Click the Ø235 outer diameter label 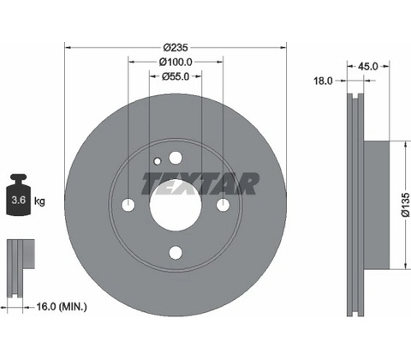tap(176, 47)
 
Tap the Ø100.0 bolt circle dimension tap(176, 62)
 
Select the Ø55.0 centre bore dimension tap(176, 76)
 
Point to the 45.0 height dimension tap(367, 67)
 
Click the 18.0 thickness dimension tap(324, 81)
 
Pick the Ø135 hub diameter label tap(405, 205)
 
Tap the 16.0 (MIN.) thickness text tap(62, 307)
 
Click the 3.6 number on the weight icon tap(19, 200)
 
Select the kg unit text tap(39, 201)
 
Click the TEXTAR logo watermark tap(200, 183)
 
